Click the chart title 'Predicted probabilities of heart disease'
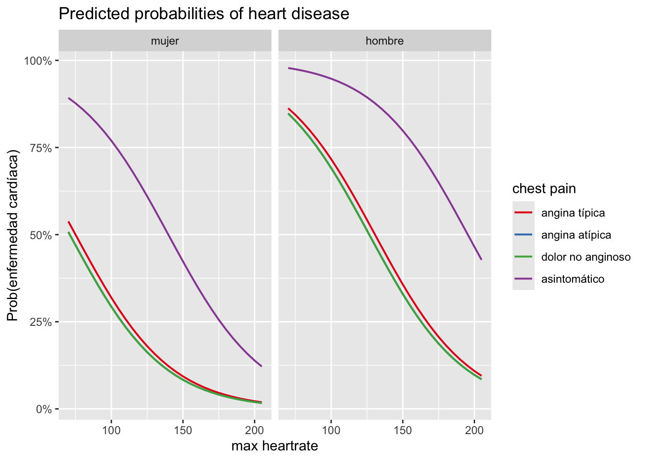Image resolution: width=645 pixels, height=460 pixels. point(203,14)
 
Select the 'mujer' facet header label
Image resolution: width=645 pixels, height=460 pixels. point(165,41)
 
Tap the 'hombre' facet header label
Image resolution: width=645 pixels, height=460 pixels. point(384,41)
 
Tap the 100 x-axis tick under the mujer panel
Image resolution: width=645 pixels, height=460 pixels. point(111,430)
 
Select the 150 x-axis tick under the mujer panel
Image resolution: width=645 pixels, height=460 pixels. point(183,430)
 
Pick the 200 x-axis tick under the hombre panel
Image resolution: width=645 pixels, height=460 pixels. point(474,430)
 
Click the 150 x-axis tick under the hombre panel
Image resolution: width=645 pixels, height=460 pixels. point(403,430)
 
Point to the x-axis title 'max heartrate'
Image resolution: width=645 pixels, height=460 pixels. point(275,447)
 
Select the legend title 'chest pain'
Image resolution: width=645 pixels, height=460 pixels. point(544,189)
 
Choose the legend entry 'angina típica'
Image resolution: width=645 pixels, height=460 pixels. point(573,213)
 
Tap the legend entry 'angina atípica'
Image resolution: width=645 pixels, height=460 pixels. point(576,235)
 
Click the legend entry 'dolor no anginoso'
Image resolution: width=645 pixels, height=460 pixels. point(585,257)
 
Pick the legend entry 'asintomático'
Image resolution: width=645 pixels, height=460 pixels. point(573,279)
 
